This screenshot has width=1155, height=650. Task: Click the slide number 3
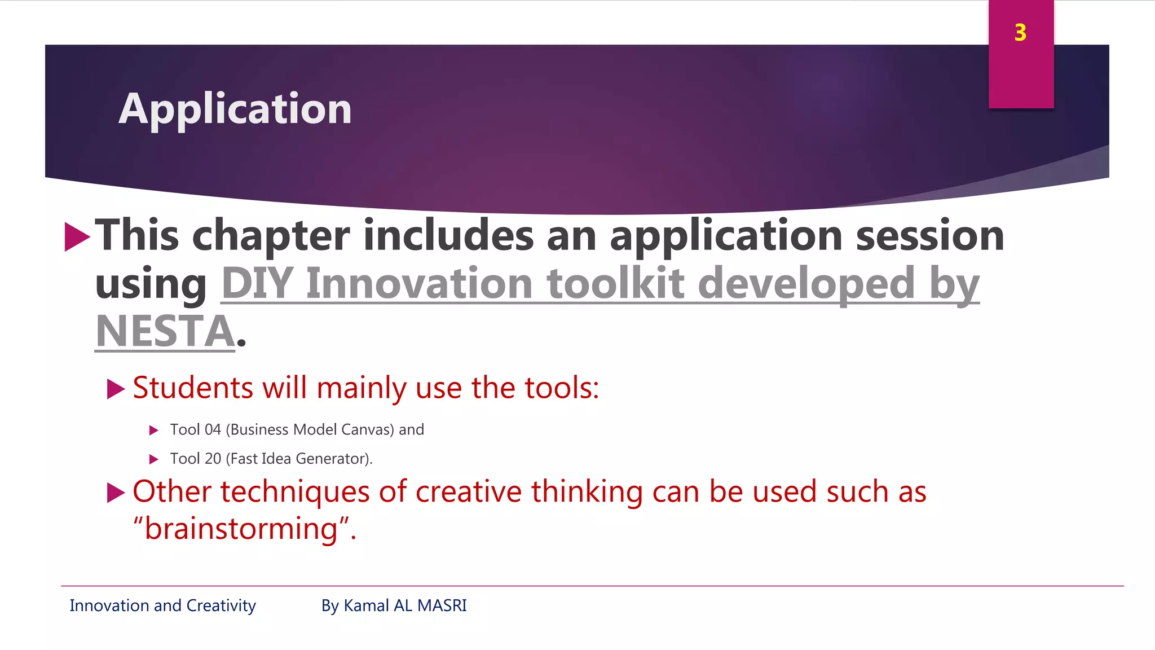[x=1020, y=33]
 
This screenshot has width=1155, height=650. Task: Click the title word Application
[x=235, y=109]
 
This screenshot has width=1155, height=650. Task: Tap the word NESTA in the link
[x=165, y=331]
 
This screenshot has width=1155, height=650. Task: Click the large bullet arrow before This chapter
[x=77, y=236]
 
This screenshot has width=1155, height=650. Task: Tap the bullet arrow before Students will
[x=115, y=389]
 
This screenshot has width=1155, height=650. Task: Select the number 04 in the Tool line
[x=212, y=430]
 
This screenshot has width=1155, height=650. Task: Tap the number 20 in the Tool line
[x=213, y=459]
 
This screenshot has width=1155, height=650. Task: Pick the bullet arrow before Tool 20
[x=153, y=459]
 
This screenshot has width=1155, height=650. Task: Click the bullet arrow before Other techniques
[x=115, y=493]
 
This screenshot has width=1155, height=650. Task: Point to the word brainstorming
[x=241, y=529]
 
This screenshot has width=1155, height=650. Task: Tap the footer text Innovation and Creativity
[x=162, y=605]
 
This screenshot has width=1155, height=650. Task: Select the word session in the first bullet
[x=929, y=236]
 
